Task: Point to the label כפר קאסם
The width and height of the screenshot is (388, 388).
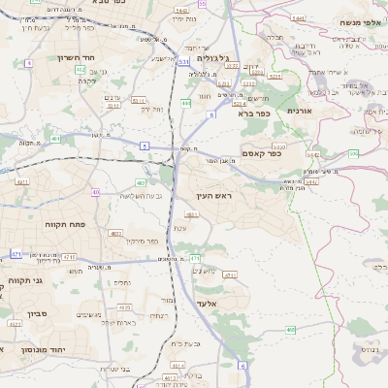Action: point(261,152)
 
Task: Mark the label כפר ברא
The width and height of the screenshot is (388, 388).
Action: point(253,113)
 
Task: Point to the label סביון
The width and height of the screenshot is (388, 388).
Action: point(32,314)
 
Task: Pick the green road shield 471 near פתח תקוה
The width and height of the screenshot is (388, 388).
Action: point(16,253)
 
